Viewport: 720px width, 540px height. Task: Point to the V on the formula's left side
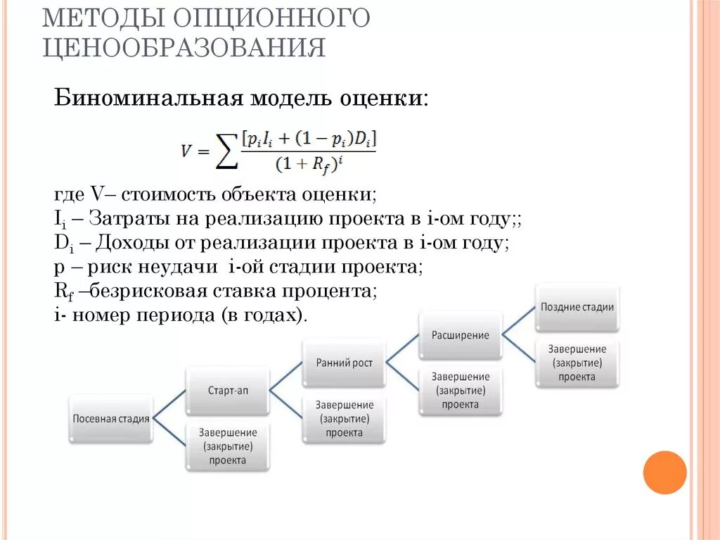pos(187,150)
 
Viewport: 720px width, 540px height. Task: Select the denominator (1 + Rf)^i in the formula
pos(310,165)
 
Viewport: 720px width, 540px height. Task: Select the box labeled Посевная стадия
pos(111,418)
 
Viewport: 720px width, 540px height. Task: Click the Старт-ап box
pos(227,390)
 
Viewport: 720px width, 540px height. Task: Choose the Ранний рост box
pos(344,363)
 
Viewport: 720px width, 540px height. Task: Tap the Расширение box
pos(461,335)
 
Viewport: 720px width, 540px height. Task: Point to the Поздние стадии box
pos(577,307)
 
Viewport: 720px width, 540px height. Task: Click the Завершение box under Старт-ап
pos(227,446)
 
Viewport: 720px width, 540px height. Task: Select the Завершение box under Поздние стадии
pos(577,363)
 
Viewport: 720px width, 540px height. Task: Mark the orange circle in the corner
pos(664,472)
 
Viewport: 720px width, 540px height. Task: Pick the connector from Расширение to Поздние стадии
pos(519,322)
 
